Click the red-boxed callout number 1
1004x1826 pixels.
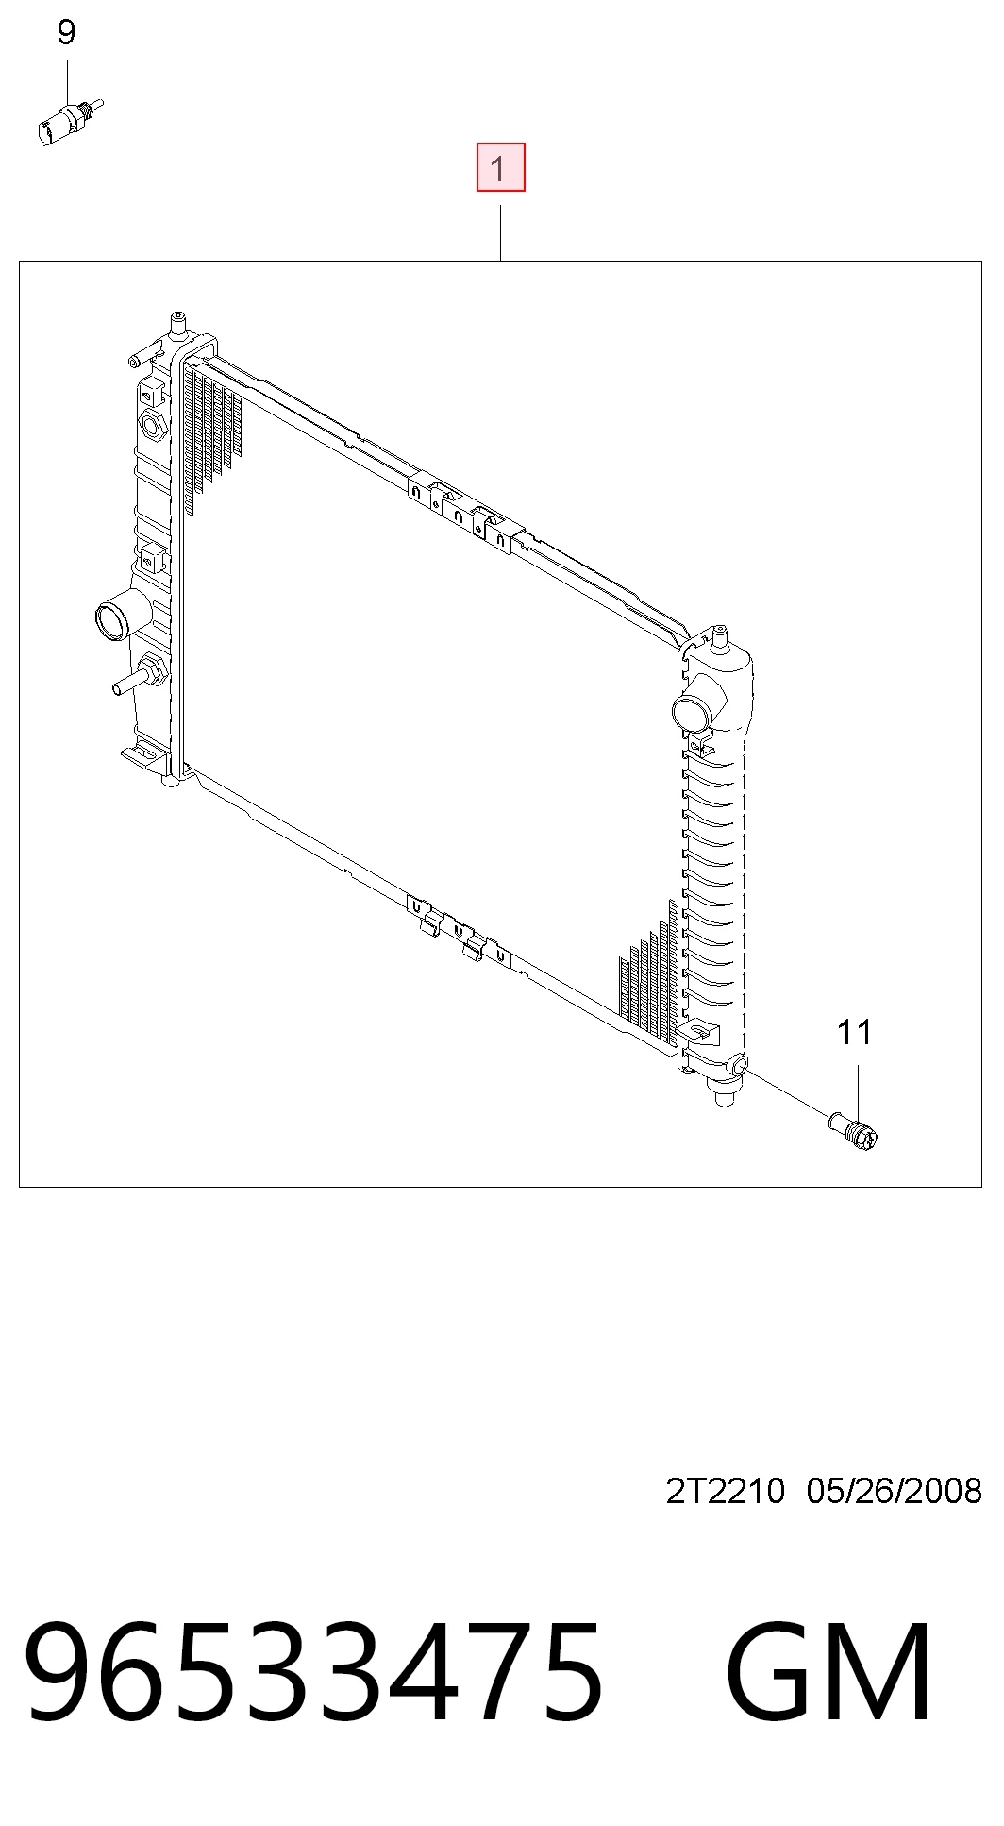tap(500, 167)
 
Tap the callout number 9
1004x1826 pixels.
tap(66, 33)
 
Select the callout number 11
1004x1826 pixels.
tap(855, 1032)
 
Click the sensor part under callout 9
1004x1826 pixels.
tap(69, 123)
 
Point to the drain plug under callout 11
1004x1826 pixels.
tap(853, 1130)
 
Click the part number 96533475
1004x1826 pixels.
tap(314, 1670)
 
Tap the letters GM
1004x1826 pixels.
tap(829, 1670)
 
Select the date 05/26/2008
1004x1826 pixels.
tap(895, 1491)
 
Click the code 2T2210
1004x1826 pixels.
tap(725, 1491)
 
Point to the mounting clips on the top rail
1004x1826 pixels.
tap(460, 514)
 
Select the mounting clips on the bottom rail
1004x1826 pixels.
tap(459, 929)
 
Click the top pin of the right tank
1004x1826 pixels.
tap(721, 637)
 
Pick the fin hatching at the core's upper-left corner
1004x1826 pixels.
tap(214, 434)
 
